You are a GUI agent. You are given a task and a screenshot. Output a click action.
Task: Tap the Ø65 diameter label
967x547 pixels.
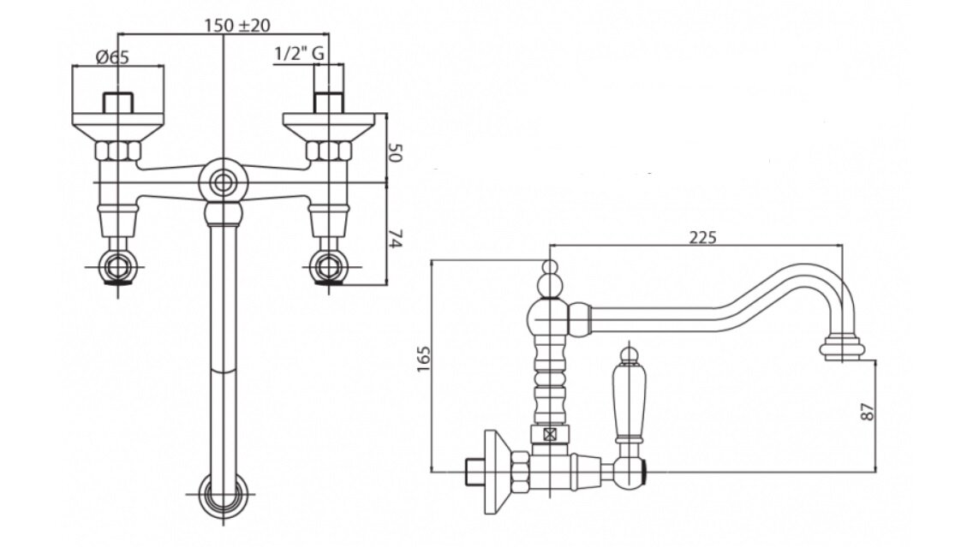click(x=112, y=57)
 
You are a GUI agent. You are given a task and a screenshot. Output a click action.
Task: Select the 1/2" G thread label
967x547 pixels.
click(x=298, y=55)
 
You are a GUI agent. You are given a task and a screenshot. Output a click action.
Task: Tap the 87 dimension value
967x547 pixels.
click(x=869, y=413)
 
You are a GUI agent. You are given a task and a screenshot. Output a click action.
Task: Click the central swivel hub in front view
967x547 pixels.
click(x=224, y=181)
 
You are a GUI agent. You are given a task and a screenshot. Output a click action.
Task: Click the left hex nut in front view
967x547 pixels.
click(x=118, y=152)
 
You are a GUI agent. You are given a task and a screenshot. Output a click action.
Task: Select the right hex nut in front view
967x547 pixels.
click(x=330, y=152)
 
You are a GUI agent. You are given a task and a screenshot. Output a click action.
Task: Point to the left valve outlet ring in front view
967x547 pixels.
click(x=118, y=266)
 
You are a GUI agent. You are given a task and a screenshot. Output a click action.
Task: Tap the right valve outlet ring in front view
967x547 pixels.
click(x=328, y=266)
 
